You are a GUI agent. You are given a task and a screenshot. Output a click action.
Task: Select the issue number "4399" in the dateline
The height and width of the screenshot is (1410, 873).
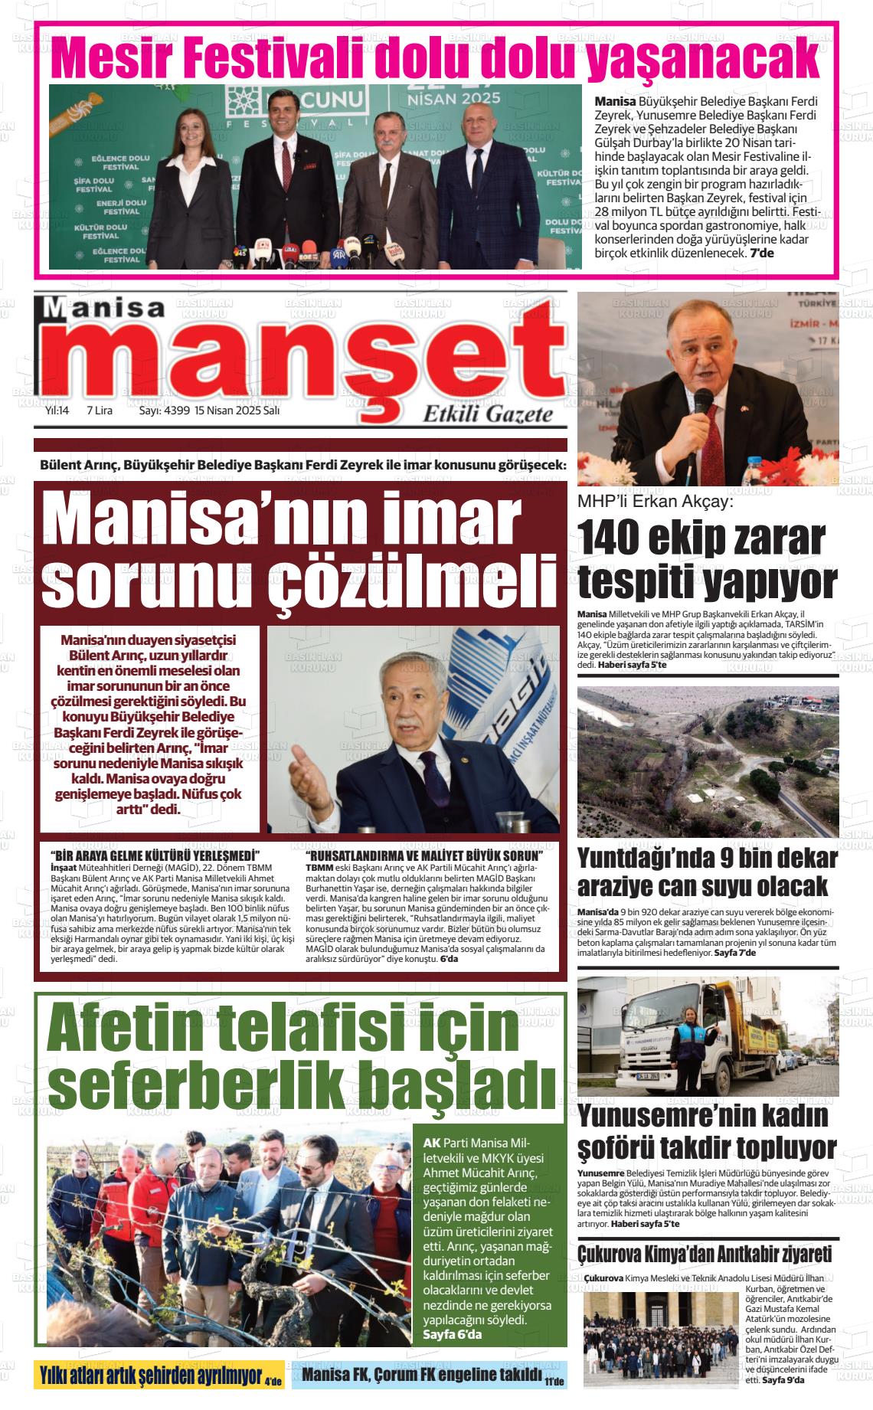pyautogui.click(x=175, y=411)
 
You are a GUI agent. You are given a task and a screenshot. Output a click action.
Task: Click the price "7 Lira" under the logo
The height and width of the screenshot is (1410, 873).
pyautogui.click(x=100, y=411)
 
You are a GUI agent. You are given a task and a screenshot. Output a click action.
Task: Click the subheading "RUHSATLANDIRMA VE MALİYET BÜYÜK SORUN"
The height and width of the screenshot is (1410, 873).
pyautogui.click(x=423, y=855)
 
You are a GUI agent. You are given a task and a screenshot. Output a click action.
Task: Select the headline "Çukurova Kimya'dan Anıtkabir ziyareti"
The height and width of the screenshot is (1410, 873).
pyautogui.click(x=704, y=1255)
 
